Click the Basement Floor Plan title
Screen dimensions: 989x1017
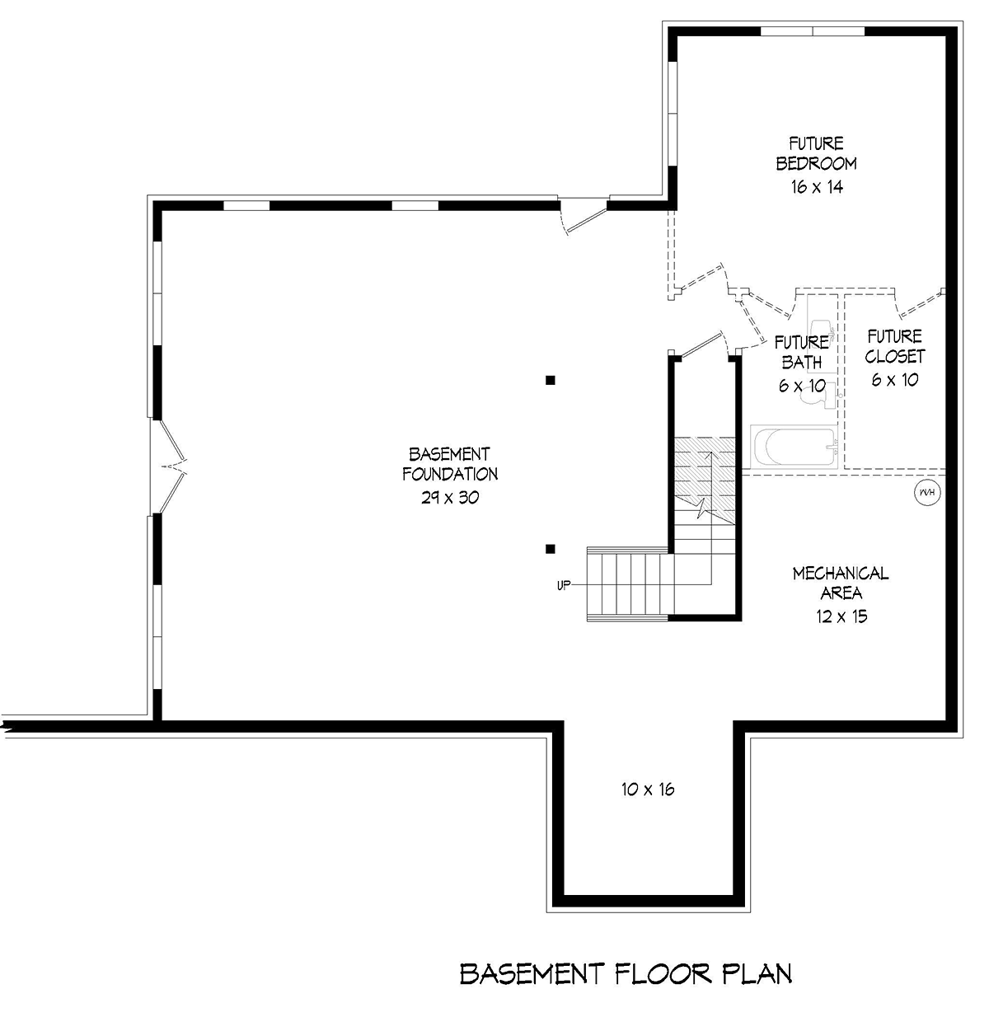[x=626, y=973]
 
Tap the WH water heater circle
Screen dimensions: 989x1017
[x=927, y=492]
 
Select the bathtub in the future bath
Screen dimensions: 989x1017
[x=794, y=447]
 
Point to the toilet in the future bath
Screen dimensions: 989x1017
[x=818, y=396]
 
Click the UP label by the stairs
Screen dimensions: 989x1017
[x=564, y=585]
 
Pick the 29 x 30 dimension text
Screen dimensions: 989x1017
[x=450, y=497]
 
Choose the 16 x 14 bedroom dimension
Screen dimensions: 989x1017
[x=817, y=187]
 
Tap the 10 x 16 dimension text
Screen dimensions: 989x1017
[x=648, y=790]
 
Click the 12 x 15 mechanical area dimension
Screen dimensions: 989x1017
[x=841, y=616]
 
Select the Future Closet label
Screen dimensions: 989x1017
[x=894, y=346]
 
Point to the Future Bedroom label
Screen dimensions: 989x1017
[x=817, y=153]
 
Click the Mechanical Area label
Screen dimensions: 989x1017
[x=841, y=583]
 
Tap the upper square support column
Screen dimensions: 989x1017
[x=550, y=381]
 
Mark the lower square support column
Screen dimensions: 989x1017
[x=550, y=549]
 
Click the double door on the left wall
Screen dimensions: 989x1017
[x=167, y=466]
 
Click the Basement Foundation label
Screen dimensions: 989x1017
[x=449, y=463]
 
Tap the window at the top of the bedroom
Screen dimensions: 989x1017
[x=813, y=30]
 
